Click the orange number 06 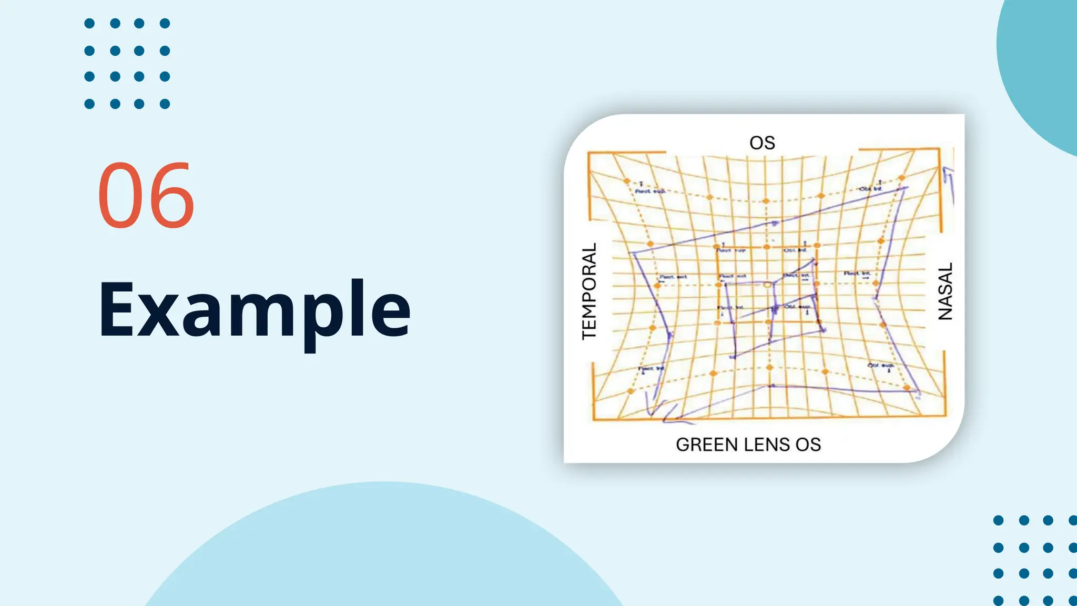(x=146, y=196)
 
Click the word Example (x=254, y=310)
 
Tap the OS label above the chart (x=762, y=143)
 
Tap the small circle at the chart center (x=767, y=285)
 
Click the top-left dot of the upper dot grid (x=89, y=23)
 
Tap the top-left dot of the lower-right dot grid (x=998, y=520)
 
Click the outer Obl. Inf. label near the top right (x=870, y=188)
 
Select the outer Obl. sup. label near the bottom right (x=880, y=365)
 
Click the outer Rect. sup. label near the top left (x=649, y=191)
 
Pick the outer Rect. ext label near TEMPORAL (x=673, y=277)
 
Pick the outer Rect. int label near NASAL (x=857, y=274)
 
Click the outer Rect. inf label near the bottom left (x=651, y=369)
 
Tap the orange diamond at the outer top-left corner (x=627, y=181)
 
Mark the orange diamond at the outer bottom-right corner (x=907, y=388)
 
